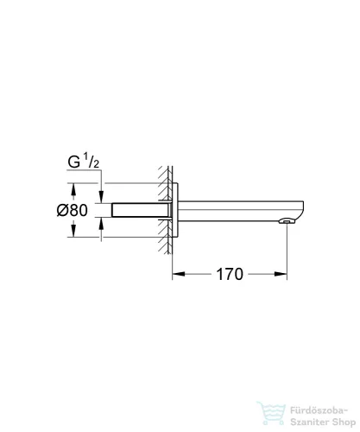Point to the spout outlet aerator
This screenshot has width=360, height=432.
coord(284,223)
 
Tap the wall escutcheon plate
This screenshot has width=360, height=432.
coord(176,210)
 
